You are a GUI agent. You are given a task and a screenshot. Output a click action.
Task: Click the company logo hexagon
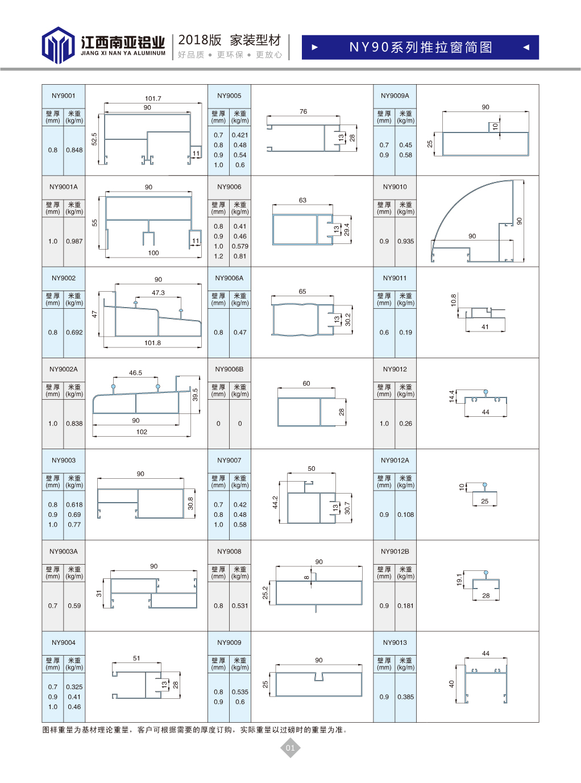[58, 45]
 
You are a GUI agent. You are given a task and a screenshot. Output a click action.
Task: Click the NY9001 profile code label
[64, 96]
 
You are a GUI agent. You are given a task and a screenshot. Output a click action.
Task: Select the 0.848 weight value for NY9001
[74, 150]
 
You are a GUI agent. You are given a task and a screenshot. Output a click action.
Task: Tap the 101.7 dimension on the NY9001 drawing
[153, 98]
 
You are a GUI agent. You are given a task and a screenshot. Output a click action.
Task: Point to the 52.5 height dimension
[94, 139]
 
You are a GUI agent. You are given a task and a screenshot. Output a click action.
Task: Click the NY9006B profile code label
[229, 369]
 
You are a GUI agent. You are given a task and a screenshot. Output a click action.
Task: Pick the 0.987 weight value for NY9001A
[74, 241]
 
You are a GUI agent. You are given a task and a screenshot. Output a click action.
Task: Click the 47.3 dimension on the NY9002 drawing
[158, 293]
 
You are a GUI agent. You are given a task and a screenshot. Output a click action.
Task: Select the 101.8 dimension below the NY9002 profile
[152, 343]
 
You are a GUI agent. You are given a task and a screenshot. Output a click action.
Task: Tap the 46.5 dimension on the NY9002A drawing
[135, 373]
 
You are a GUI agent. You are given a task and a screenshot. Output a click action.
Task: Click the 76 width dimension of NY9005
[303, 111]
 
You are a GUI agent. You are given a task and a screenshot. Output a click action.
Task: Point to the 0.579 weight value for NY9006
[240, 246]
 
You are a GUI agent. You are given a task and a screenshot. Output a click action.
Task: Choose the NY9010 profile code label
[395, 187]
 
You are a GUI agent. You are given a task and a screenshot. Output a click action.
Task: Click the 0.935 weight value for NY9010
[405, 241]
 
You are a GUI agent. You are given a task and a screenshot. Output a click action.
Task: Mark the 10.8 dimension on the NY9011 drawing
[454, 300]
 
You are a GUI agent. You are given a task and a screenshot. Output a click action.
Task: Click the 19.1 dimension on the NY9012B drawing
[459, 579]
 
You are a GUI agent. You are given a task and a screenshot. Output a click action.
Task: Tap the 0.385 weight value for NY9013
[405, 697]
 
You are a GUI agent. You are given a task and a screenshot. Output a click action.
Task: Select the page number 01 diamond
[290, 748]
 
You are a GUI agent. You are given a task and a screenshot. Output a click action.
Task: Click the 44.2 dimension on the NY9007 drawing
[275, 502]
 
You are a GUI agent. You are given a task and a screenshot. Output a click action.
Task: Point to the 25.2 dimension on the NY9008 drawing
[265, 593]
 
